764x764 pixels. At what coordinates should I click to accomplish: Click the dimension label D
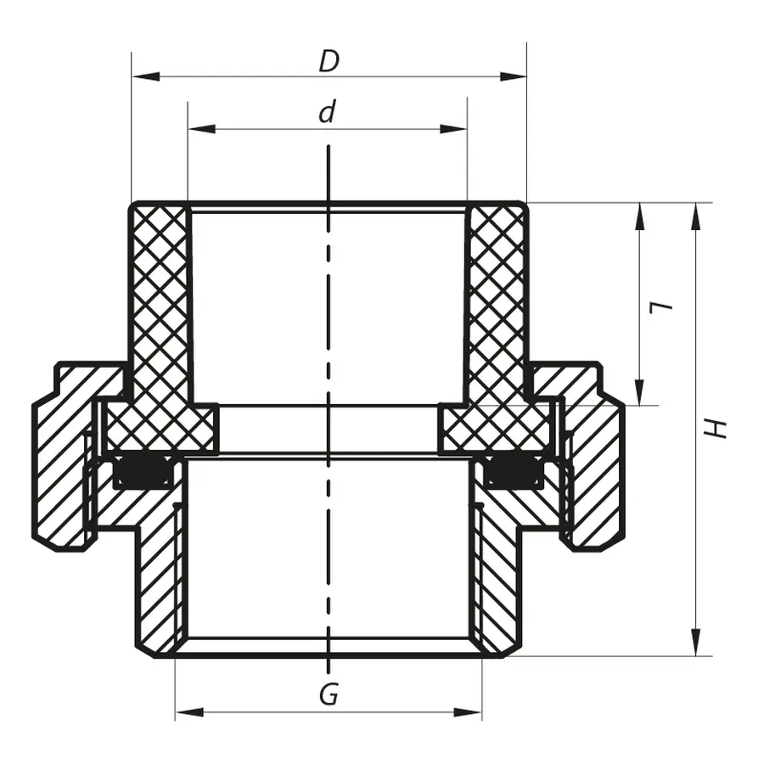329,61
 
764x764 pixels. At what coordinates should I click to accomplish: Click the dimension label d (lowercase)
328,113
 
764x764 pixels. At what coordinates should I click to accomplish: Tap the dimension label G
329,695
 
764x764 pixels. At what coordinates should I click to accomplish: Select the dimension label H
718,427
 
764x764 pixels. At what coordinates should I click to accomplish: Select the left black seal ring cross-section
143,472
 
